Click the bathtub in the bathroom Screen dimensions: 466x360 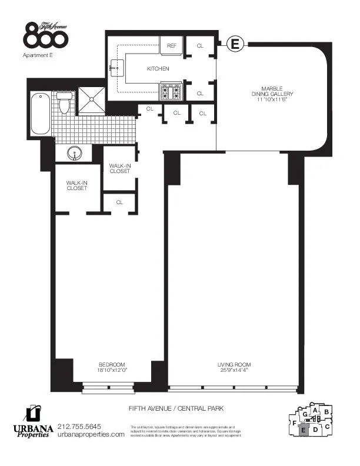(40, 113)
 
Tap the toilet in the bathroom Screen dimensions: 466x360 (65, 103)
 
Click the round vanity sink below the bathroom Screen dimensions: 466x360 (75, 154)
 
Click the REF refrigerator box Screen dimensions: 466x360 (172, 45)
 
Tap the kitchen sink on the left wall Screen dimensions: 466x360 (115, 69)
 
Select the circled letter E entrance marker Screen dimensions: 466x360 (235, 43)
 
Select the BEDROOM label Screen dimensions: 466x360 (111, 365)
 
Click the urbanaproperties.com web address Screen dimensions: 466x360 (91, 434)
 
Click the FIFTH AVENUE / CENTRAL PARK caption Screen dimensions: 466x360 (176, 408)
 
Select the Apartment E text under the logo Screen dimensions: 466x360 (38, 55)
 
